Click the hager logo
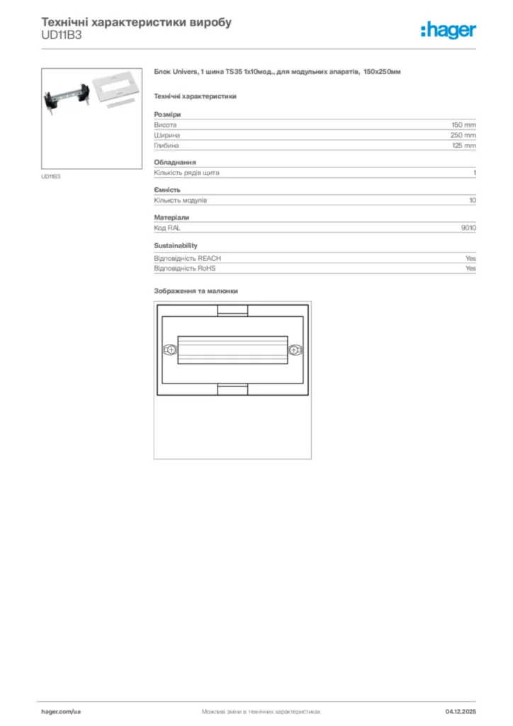coord(448,30)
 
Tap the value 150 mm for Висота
coord(464,125)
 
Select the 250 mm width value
coord(463,135)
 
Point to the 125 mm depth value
coord(464,145)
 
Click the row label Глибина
coord(167,145)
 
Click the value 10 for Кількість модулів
coord(473,201)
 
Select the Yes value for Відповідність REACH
coord(470,259)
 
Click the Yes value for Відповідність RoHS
coord(470,269)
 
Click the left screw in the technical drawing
coord(170,350)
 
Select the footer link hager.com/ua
coord(61,710)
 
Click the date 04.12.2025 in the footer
coord(461,710)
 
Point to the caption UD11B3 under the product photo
coord(51,177)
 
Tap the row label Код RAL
coord(167,228)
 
